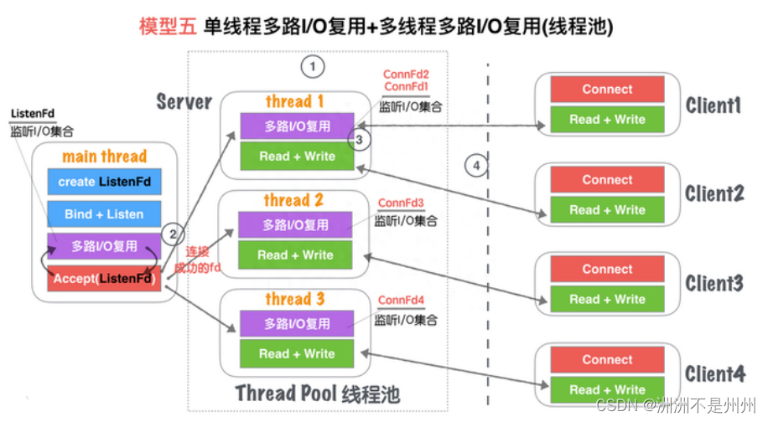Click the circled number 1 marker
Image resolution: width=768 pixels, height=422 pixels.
coord(312,66)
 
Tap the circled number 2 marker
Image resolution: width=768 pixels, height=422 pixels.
coord(172,234)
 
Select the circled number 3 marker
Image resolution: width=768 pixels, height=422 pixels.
coord(359,140)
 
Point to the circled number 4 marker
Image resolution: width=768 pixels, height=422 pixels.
coord(476,166)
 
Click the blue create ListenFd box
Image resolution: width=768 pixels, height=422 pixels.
coord(104,182)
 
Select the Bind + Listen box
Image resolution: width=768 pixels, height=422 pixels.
coord(104,214)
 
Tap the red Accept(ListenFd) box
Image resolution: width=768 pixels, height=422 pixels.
coord(104,278)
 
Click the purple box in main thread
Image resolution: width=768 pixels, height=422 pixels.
coord(104,247)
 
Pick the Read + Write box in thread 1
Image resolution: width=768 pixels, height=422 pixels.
coord(297,157)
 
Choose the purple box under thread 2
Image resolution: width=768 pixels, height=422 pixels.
coord(295,224)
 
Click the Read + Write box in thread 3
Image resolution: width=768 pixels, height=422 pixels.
coord(297,353)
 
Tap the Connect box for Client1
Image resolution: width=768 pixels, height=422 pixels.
coord(607,90)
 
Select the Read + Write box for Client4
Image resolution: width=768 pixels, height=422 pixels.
coord(607,389)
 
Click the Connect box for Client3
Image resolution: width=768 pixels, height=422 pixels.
coord(607,270)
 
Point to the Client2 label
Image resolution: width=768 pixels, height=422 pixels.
coord(714,194)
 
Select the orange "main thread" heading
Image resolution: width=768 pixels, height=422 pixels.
coord(104,157)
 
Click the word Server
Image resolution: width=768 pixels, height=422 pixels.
coord(184,102)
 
